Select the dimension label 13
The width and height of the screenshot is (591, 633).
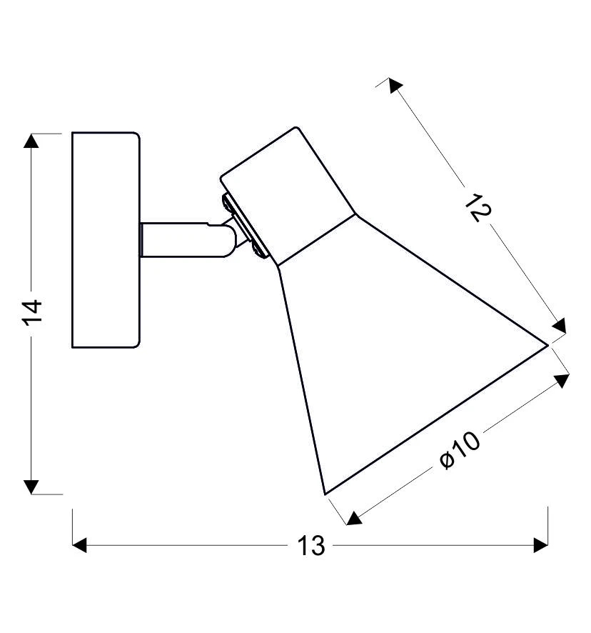click(x=310, y=546)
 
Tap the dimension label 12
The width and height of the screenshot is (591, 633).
click(x=478, y=207)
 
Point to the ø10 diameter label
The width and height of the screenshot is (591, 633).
click(x=460, y=451)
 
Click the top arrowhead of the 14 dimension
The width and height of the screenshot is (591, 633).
click(x=31, y=141)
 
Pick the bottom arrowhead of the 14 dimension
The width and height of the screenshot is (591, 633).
click(x=31, y=487)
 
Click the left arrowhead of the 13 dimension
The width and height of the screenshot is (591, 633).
click(x=79, y=545)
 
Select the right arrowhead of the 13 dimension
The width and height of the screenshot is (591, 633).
click(x=540, y=545)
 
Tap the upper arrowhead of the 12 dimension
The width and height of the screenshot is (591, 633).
click(x=395, y=85)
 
